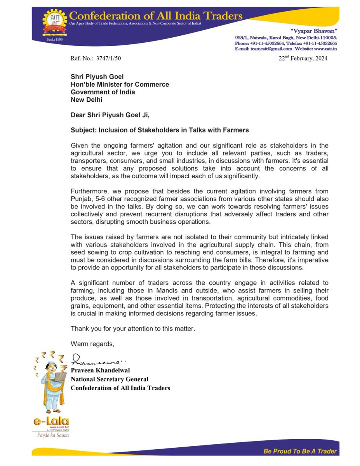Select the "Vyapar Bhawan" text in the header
(x=318, y=30)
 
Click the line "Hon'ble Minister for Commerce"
(x=120, y=84)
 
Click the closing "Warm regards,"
(x=92, y=343)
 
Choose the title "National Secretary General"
(x=110, y=379)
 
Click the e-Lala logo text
(x=50, y=421)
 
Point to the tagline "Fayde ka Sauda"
(x=50, y=435)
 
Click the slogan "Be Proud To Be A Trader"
(x=300, y=451)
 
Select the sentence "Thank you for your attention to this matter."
(x=132, y=329)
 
